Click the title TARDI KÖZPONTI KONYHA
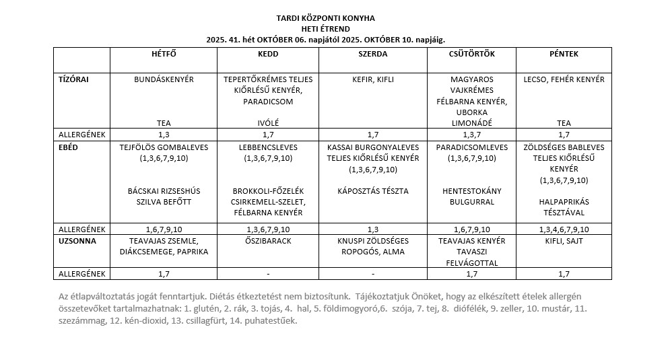click(x=326, y=17)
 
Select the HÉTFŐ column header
click(x=164, y=54)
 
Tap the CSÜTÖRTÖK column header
click(x=471, y=54)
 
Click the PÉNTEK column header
click(x=564, y=54)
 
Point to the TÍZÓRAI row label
click(x=74, y=79)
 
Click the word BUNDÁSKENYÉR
click(x=164, y=79)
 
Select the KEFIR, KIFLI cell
click(x=373, y=79)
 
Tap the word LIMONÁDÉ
click(x=471, y=123)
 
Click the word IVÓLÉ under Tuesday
click(x=268, y=123)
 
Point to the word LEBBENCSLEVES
click(x=268, y=147)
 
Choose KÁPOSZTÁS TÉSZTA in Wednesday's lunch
click(x=373, y=191)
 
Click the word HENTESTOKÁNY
click(x=471, y=191)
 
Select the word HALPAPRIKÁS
click(x=564, y=202)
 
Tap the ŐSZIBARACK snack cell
click(x=268, y=240)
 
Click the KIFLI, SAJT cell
click(x=564, y=240)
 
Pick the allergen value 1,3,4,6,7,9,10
click(x=564, y=229)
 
